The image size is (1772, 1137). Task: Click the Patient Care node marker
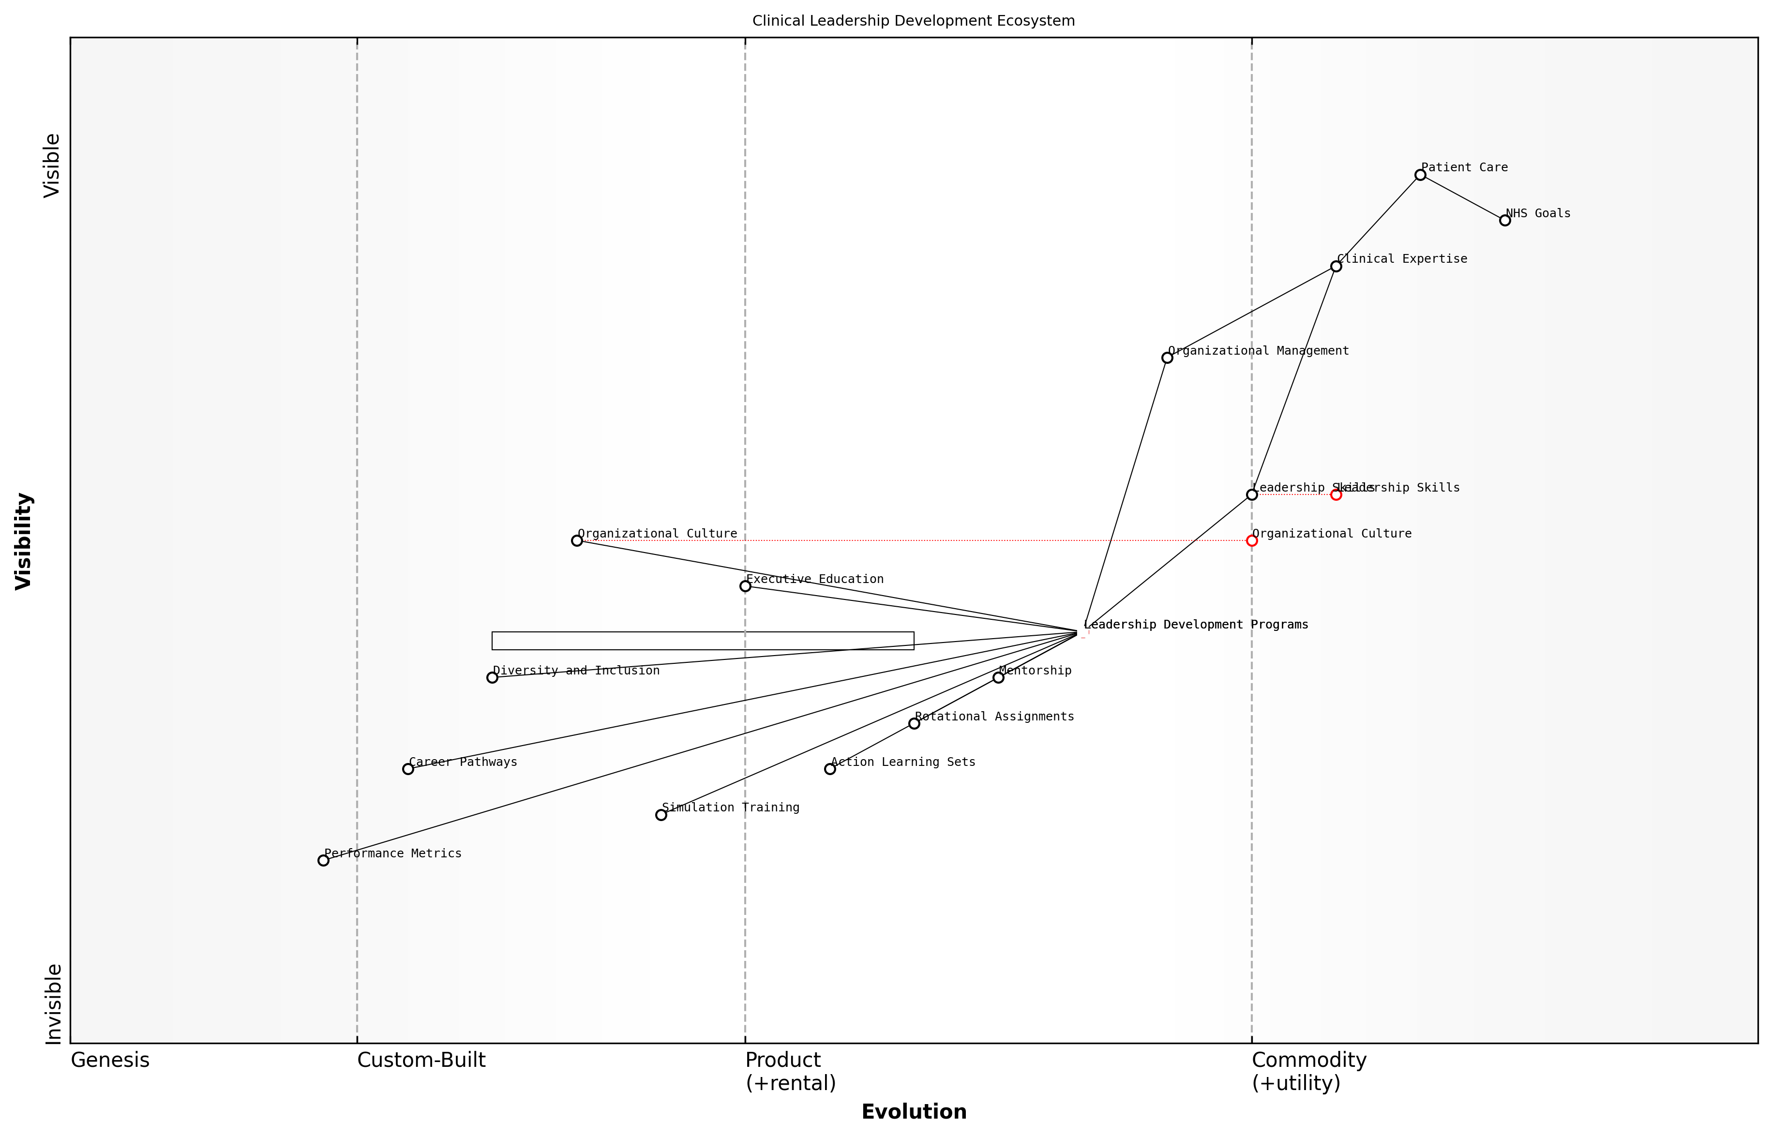point(1420,175)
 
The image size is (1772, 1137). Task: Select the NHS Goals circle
point(1505,220)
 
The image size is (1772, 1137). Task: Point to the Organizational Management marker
point(1167,358)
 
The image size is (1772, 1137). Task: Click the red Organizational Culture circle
point(1251,540)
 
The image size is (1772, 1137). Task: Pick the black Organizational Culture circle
point(577,540)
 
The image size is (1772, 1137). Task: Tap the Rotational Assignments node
point(914,723)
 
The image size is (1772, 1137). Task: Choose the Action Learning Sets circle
point(830,769)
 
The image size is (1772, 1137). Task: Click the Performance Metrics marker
point(323,860)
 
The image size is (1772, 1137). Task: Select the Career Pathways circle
point(407,769)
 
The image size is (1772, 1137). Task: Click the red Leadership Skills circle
point(1336,494)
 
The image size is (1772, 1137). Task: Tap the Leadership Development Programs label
point(1196,625)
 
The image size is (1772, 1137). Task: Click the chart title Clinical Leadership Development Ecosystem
point(913,21)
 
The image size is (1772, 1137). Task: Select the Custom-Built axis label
point(421,1060)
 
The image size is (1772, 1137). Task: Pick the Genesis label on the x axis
point(110,1060)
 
